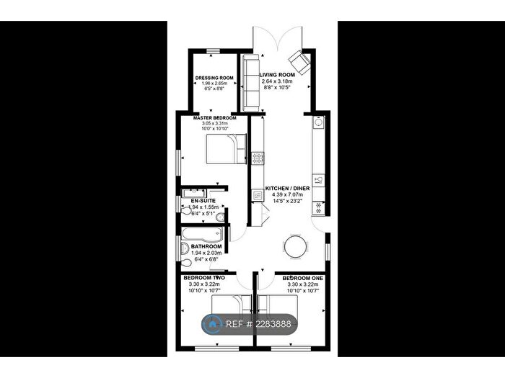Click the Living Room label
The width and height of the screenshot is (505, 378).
[278, 74]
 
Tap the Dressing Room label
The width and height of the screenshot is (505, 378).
[214, 78]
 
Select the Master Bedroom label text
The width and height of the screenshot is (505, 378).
[214, 117]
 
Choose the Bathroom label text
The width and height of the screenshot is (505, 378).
[206, 246]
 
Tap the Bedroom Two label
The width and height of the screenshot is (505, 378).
[204, 278]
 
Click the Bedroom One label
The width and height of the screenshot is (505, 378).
[302, 278]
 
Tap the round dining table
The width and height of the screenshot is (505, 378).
[296, 246]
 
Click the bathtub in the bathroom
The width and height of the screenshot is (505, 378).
[203, 234]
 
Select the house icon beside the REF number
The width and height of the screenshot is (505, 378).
[214, 324]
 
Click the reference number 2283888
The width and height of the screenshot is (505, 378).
[268, 325]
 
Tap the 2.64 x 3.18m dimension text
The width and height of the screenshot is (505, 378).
[278, 81]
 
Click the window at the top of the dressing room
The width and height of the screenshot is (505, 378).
[214, 50]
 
